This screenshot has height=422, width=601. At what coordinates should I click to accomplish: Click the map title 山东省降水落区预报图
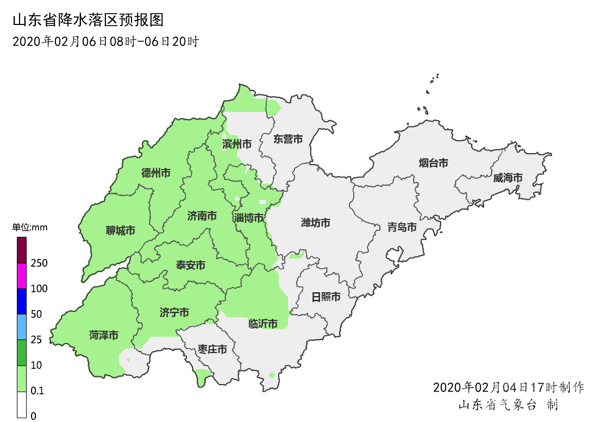coord(87,21)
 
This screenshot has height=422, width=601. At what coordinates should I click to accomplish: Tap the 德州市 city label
coord(155,173)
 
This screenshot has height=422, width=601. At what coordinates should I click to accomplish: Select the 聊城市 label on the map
coord(121,231)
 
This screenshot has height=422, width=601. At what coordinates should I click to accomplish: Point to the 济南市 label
coord(202,216)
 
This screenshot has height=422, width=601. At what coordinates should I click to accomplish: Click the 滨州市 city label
coord(237,144)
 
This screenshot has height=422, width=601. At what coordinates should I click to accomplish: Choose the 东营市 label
coord(288,139)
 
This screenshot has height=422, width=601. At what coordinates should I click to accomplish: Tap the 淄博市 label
coord(249,218)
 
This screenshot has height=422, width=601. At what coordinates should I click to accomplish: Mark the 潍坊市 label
coord(316,223)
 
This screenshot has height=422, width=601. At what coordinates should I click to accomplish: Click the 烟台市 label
coord(434,162)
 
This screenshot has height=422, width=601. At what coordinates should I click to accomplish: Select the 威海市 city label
coord(508,178)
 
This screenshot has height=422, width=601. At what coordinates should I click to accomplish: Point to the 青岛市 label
coord(402,227)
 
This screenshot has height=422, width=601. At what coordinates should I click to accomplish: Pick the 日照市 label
coord(326,297)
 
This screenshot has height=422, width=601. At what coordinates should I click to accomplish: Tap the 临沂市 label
coord(263,324)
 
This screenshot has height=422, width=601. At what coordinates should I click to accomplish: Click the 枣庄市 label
coord(212,349)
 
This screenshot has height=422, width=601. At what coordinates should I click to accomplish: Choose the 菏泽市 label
coord(104,336)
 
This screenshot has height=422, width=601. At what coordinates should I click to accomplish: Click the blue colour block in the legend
coord(22,301)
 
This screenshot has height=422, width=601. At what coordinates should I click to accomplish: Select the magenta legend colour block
coord(22,276)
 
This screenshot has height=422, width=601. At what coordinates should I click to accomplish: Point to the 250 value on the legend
coord(39,263)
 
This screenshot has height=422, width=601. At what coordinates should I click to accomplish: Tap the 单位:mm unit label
coord(30,228)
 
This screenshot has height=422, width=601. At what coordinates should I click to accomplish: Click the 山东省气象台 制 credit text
coord(508,405)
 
